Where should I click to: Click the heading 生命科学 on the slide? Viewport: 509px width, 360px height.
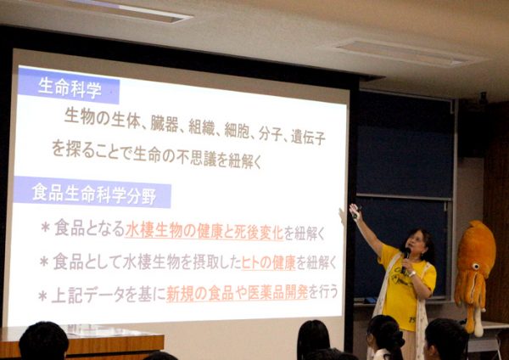(x=70, y=87)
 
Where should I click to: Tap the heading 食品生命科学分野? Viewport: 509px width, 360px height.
(x=94, y=194)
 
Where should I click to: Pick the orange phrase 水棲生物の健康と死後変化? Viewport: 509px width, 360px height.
(x=204, y=231)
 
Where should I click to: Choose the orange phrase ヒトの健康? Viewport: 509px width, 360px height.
(x=268, y=262)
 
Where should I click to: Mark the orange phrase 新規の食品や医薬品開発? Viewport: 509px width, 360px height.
(x=237, y=292)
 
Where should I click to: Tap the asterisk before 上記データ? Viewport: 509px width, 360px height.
(x=43, y=296)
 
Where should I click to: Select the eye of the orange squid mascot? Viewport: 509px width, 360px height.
(x=476, y=267)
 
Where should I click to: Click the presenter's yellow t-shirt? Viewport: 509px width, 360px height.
(x=405, y=286)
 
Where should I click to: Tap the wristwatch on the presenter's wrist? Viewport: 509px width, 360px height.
(x=412, y=273)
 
